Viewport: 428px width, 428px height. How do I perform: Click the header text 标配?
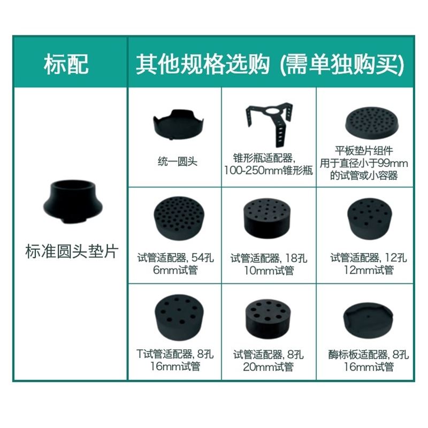point(66,64)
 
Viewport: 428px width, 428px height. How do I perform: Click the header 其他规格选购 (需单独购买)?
point(270,64)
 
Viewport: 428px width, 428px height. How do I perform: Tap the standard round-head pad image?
point(72,202)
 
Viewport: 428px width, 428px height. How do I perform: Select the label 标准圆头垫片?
point(72,251)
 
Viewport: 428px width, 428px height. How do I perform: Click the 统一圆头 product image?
point(178,125)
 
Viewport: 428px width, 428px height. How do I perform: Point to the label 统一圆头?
point(178,162)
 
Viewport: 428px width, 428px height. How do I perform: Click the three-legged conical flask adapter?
point(270,121)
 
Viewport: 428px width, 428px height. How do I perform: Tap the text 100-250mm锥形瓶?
point(269,171)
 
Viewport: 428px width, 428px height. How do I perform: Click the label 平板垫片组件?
point(364,151)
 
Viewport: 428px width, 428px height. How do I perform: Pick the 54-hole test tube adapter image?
point(179,218)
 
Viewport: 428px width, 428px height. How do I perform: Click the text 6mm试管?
point(175,270)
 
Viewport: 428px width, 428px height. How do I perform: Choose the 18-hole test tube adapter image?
point(267,218)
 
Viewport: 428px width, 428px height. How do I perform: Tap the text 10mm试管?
point(269,270)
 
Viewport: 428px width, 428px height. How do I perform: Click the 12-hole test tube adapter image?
point(370,219)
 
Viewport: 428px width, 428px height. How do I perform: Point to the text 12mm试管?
point(369,270)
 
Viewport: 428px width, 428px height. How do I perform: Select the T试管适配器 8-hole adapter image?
point(179,317)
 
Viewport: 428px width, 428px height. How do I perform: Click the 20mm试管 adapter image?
point(268,318)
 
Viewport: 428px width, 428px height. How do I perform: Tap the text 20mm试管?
point(268,366)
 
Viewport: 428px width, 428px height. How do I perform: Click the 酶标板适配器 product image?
point(368,319)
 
